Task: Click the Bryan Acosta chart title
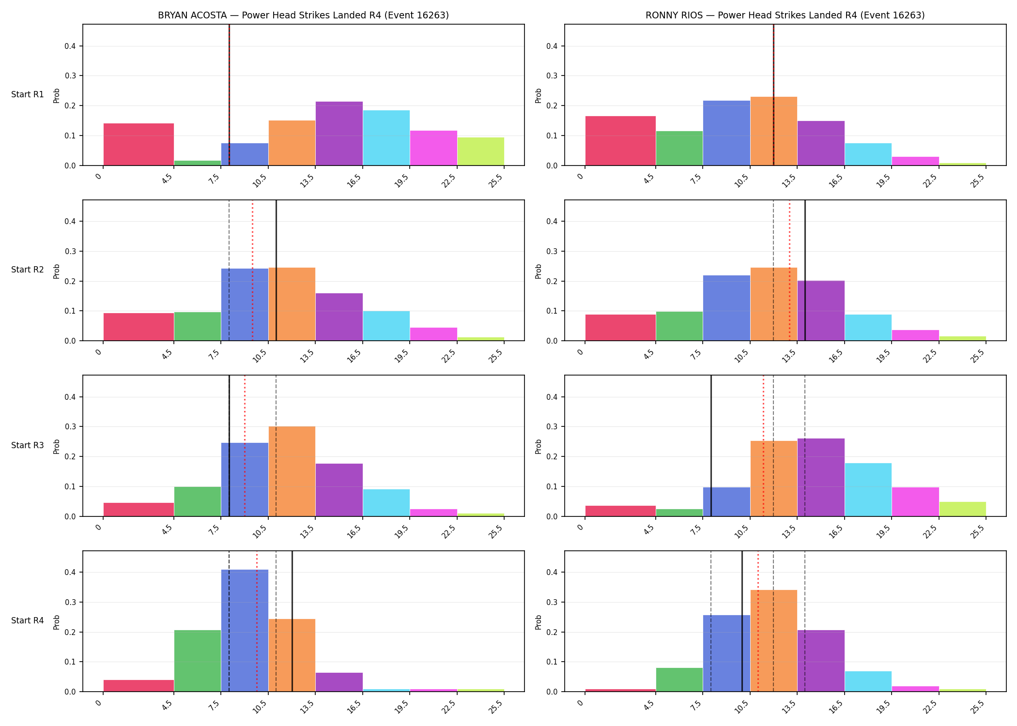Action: pos(303,15)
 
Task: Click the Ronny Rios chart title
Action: pos(785,15)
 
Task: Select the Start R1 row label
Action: pos(28,94)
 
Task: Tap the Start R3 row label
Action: pos(28,445)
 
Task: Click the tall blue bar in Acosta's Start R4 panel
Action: pos(245,631)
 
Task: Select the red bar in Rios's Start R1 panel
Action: pos(620,141)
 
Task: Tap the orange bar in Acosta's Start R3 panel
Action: pos(292,471)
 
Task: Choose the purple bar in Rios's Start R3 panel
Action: pos(821,477)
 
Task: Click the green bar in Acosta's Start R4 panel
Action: pos(198,661)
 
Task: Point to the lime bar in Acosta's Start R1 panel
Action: pos(481,151)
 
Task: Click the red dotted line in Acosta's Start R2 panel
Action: pos(252,270)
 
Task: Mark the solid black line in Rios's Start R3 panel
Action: pos(711,446)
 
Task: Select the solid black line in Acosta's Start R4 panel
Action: pos(292,621)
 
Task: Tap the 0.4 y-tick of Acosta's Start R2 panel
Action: pos(70,222)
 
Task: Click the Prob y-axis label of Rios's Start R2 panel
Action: pos(538,271)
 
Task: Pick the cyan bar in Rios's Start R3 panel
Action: pos(868,490)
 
